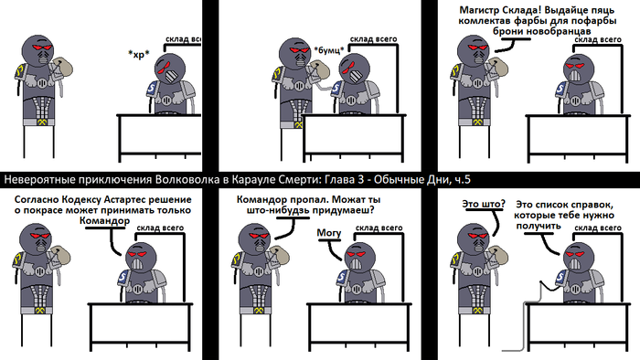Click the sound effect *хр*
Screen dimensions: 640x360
[139, 54]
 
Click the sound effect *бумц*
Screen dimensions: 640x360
[329, 50]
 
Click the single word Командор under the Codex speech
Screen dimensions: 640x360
[104, 221]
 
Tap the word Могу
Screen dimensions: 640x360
[329, 233]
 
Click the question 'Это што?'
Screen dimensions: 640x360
[484, 204]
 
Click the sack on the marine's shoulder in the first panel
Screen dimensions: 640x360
[62, 68]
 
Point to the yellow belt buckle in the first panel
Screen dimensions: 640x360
[42, 122]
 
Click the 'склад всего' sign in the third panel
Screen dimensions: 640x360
[598, 39]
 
